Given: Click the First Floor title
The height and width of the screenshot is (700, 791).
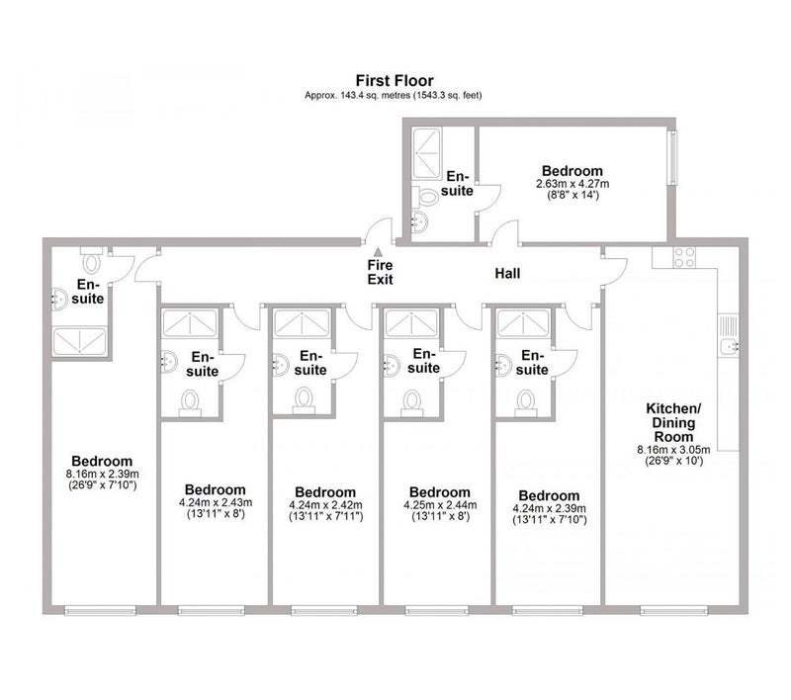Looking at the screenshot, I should point(395,80).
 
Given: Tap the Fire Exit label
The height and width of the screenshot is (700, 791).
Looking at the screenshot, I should point(380,272).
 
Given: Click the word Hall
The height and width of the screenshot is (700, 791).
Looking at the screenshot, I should point(508,272).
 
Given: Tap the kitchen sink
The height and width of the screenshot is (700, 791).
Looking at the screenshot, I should point(728,344).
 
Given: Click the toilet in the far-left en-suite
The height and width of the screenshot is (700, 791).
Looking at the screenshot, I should point(93,264).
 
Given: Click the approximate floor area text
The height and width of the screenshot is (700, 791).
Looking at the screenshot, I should point(395,95).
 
